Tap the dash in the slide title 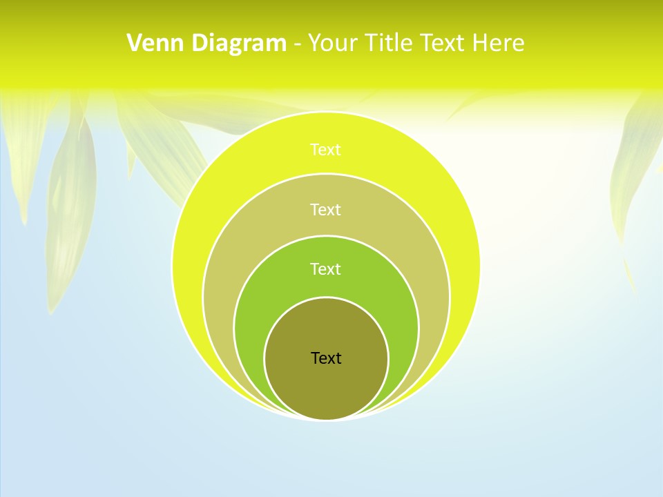click(x=297, y=44)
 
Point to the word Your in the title click(x=332, y=43)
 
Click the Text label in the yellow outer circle click(x=325, y=150)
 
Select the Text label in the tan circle click(x=325, y=209)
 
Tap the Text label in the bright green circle click(x=325, y=269)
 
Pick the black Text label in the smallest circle click(x=326, y=358)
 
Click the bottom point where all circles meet click(x=326, y=419)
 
